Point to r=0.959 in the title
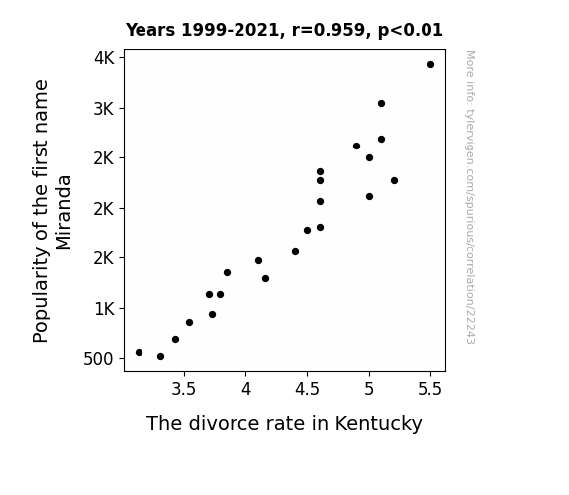329,30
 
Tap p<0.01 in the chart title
410,31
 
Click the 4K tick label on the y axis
104,58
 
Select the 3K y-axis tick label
104,109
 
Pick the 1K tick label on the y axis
105,309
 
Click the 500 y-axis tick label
98,359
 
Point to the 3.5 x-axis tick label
184,389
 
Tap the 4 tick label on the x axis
246,389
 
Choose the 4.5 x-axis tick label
307,389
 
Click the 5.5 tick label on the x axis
430,389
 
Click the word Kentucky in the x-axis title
378,424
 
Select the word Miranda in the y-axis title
64,213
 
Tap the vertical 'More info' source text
470,197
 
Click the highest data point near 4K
430,65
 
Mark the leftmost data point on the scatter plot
139,353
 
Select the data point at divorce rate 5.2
394,181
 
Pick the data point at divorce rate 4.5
307,231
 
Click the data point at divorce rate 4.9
356,146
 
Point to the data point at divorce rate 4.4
295,252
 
